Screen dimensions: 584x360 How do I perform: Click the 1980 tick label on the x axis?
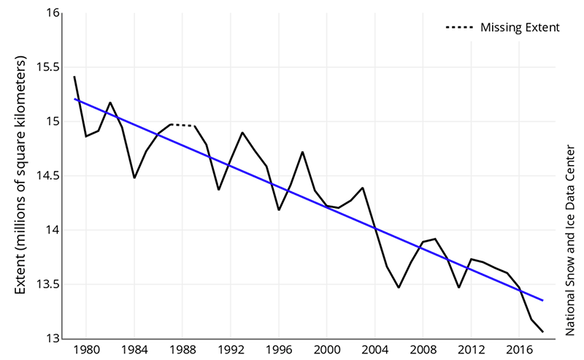pyautogui.click(x=86, y=351)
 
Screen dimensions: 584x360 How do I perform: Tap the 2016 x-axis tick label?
pyautogui.click(x=519, y=351)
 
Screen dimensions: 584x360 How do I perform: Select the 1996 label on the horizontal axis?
pyautogui.click(x=279, y=351)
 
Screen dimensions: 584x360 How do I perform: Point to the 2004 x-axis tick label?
pyautogui.click(x=374, y=351)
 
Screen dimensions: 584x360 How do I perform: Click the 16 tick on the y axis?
pyautogui.click(x=53, y=12)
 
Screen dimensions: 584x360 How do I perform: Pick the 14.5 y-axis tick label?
pyautogui.click(x=47, y=176)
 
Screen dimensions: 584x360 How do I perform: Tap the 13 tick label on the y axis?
pyautogui.click(x=53, y=338)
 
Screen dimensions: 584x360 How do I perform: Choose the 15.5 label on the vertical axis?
pyautogui.click(x=47, y=67)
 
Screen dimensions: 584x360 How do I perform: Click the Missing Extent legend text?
pyautogui.click(x=520, y=28)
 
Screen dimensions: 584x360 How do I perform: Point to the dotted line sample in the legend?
pyautogui.click(x=459, y=28)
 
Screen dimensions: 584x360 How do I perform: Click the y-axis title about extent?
pyautogui.click(x=21, y=175)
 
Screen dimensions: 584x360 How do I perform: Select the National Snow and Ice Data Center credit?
pyautogui.click(x=570, y=241)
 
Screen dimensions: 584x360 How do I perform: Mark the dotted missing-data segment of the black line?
pyautogui.click(x=182, y=125)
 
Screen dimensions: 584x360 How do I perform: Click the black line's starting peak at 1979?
pyautogui.click(x=74, y=77)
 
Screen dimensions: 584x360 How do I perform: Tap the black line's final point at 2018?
pyautogui.click(x=543, y=332)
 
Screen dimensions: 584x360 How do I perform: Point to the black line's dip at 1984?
pyautogui.click(x=134, y=177)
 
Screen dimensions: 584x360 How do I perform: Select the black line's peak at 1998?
pyautogui.click(x=303, y=152)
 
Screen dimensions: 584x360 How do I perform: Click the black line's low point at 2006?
pyautogui.click(x=399, y=287)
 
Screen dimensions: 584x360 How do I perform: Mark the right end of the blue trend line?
pyautogui.click(x=543, y=300)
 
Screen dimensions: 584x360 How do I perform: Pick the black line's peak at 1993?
pyautogui.click(x=242, y=132)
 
